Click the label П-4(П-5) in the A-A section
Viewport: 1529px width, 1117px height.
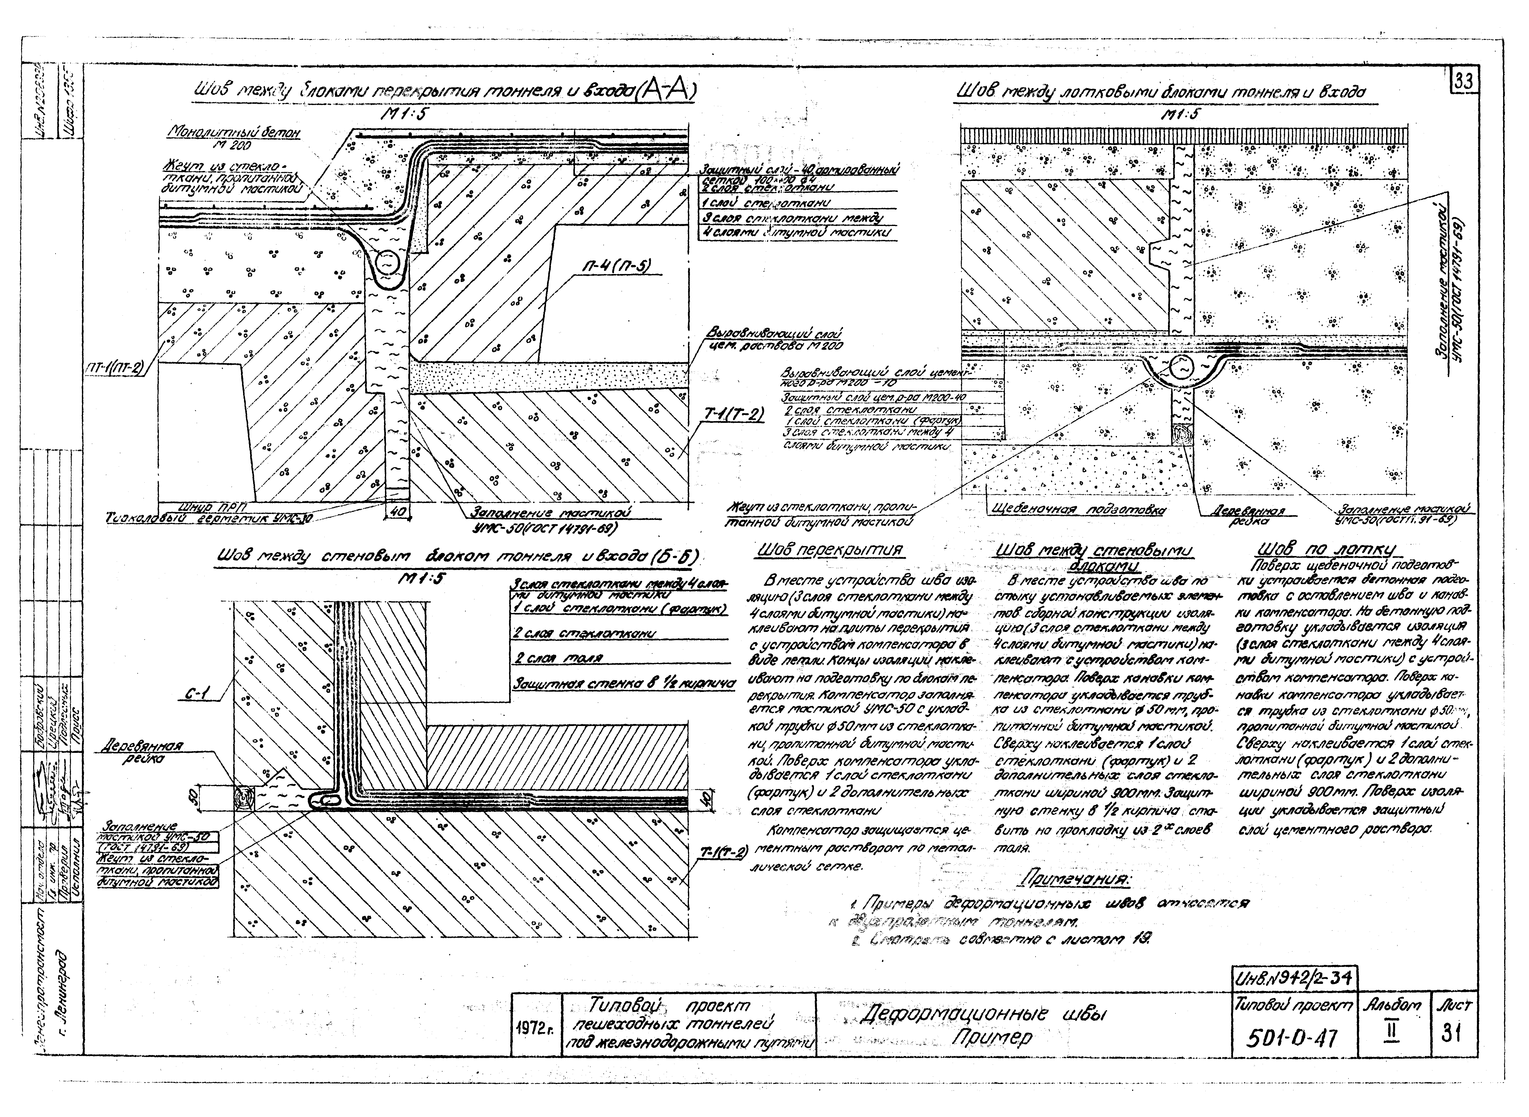[616, 266]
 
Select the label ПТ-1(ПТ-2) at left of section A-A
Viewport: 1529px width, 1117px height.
[120, 368]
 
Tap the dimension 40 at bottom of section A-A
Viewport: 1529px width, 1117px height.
[398, 512]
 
